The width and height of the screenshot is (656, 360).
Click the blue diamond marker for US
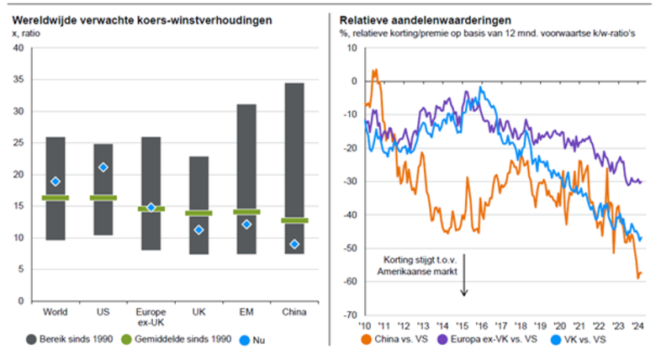(103, 167)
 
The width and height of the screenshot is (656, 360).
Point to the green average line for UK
(199, 213)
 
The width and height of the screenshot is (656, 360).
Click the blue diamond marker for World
(56, 182)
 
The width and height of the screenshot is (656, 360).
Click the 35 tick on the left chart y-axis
(18, 80)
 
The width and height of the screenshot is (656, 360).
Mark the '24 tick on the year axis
(638, 326)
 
